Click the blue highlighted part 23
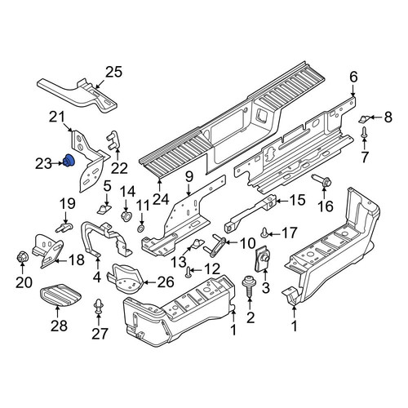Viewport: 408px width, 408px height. coord(69,161)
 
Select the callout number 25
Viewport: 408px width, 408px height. coord(113,73)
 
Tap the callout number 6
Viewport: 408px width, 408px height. coord(353,78)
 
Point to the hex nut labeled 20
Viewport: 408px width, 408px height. coord(22,257)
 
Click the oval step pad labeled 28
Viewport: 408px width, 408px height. coord(61,295)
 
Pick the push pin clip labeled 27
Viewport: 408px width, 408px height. coord(98,308)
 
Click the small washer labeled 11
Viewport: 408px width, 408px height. coord(141,228)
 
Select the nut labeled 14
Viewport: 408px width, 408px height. coord(126,216)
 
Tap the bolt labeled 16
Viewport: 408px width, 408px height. coord(322,180)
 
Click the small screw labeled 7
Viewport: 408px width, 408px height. coord(364,132)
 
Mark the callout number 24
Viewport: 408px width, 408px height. coord(161,198)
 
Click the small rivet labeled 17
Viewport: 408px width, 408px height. coord(264,233)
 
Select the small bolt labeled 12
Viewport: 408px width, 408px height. coord(188,272)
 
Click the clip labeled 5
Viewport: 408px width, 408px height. coord(104,209)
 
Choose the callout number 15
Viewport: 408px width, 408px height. coord(298,200)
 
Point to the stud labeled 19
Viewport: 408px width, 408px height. coord(64,228)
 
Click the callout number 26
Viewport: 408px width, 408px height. coord(166,282)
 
